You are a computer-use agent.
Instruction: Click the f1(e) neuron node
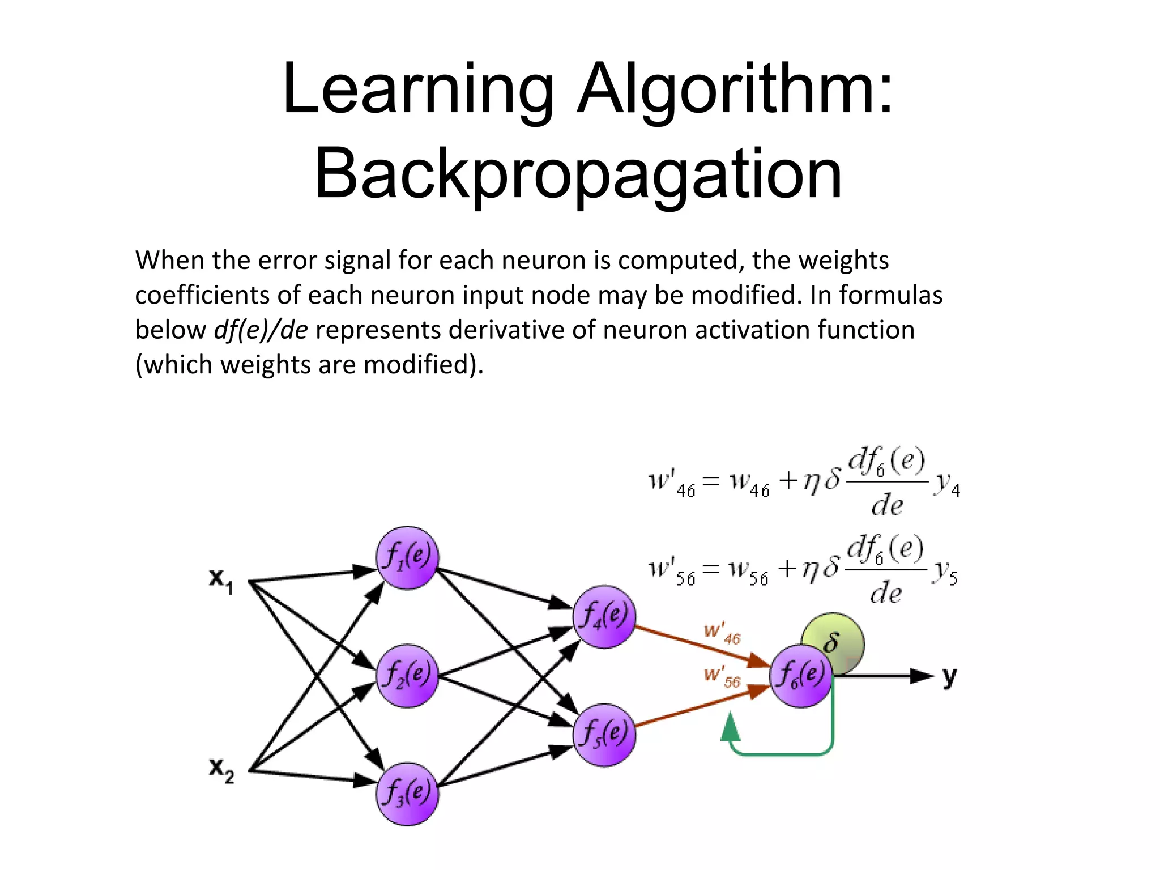coord(407,557)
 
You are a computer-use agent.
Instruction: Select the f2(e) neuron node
coord(407,676)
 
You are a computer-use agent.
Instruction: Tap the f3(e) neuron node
coord(407,794)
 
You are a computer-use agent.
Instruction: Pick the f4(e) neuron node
coord(604,617)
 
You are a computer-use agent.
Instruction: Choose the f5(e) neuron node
coord(604,735)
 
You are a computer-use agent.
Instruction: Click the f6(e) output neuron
coord(800,676)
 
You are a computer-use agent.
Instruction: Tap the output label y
coord(949,677)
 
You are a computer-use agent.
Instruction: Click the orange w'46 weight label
coord(722,633)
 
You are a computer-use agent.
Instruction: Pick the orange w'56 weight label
coord(722,677)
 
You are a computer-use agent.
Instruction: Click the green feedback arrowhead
coord(731,727)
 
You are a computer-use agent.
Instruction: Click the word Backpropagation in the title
coord(578,174)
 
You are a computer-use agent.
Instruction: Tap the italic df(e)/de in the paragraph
coord(261,330)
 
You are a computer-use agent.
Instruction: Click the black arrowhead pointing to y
coord(920,676)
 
